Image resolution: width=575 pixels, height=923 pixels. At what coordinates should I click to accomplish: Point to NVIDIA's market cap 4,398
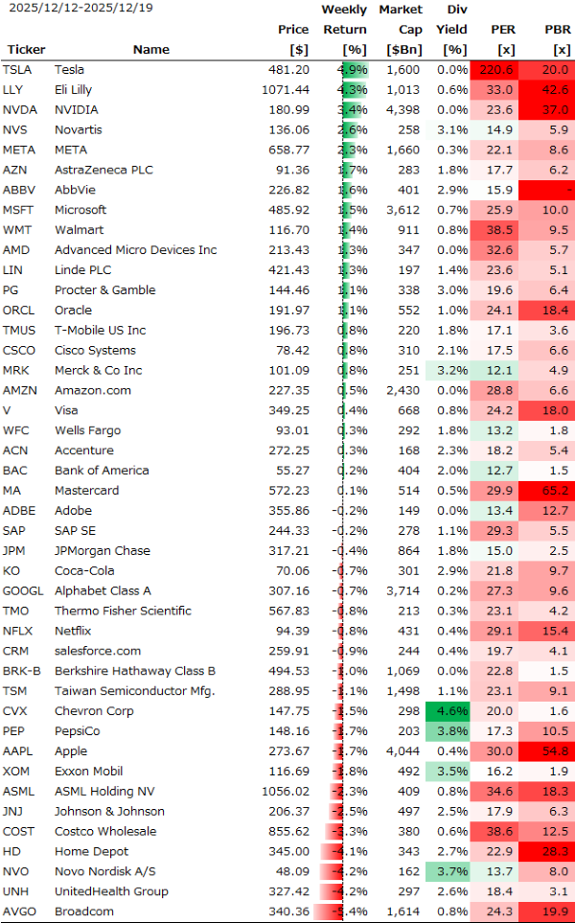click(401, 110)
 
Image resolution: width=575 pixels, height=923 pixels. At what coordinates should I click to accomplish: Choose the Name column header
click(150, 50)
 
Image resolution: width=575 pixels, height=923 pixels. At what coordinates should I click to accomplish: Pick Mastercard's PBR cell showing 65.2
click(555, 491)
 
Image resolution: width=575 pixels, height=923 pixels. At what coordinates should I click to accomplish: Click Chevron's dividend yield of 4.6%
click(453, 711)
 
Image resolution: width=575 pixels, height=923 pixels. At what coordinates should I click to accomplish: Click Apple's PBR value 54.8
click(555, 751)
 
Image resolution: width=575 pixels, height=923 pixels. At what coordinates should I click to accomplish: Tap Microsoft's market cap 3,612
click(401, 210)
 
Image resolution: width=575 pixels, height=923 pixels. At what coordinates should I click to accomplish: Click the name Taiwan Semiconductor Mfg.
click(134, 691)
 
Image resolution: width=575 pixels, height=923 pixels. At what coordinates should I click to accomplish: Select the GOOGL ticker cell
click(21, 590)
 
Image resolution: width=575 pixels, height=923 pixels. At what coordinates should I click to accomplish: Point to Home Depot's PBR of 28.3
click(555, 851)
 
